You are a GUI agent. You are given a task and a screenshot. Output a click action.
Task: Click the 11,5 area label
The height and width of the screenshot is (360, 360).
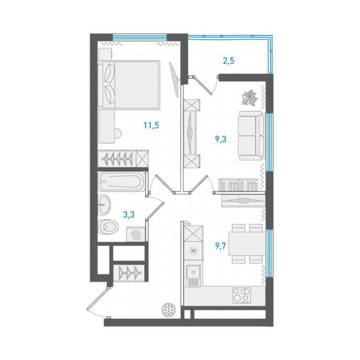pyautogui.click(x=151, y=125)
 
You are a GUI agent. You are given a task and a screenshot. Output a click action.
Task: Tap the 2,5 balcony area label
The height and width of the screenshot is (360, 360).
pyautogui.click(x=229, y=61)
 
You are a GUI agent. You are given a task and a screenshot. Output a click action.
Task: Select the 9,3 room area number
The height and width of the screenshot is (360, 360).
pyautogui.click(x=221, y=139)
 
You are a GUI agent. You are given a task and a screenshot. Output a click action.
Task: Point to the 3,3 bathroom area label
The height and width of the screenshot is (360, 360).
pyautogui.click(x=129, y=214)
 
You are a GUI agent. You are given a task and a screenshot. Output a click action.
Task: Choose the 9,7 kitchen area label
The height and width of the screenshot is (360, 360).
pyautogui.click(x=221, y=246)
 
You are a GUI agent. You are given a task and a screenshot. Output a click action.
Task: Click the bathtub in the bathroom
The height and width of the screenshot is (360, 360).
pyautogui.click(x=122, y=181)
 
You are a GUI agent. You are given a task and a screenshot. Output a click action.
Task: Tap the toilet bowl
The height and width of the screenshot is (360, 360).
pyautogui.click(x=108, y=227)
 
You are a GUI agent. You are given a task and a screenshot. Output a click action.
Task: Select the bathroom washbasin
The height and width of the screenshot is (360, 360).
pyautogui.click(x=105, y=205)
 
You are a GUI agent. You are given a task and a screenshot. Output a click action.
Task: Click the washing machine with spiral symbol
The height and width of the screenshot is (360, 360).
pyautogui.click(x=135, y=234)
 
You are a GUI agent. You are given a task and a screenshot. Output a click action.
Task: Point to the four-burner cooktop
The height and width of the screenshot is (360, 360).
pyautogui.click(x=241, y=295)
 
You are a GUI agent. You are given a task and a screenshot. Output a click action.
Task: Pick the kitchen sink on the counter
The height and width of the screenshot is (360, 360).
pyautogui.click(x=193, y=276)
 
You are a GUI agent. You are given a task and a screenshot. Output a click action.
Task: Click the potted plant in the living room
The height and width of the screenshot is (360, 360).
pyautogui.click(x=249, y=98)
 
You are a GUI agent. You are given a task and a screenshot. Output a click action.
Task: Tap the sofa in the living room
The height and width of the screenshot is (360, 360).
pyautogui.click(x=252, y=135)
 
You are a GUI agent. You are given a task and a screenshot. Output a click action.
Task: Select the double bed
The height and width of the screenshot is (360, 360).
pyautogui.click(x=129, y=84)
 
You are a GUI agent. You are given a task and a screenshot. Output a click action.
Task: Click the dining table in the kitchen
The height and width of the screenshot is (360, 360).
pyautogui.click(x=247, y=244)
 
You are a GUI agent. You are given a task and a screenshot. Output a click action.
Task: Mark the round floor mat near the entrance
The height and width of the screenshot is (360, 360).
pyautogui.click(x=169, y=309)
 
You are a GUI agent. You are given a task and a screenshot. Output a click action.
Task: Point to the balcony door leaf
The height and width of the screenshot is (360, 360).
pyautogui.click(x=203, y=85)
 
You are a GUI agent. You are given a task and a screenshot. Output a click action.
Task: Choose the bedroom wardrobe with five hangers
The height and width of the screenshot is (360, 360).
pyautogui.click(x=123, y=158)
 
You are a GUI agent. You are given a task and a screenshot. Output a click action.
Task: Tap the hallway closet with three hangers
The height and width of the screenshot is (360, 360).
pyautogui.click(x=129, y=272)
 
